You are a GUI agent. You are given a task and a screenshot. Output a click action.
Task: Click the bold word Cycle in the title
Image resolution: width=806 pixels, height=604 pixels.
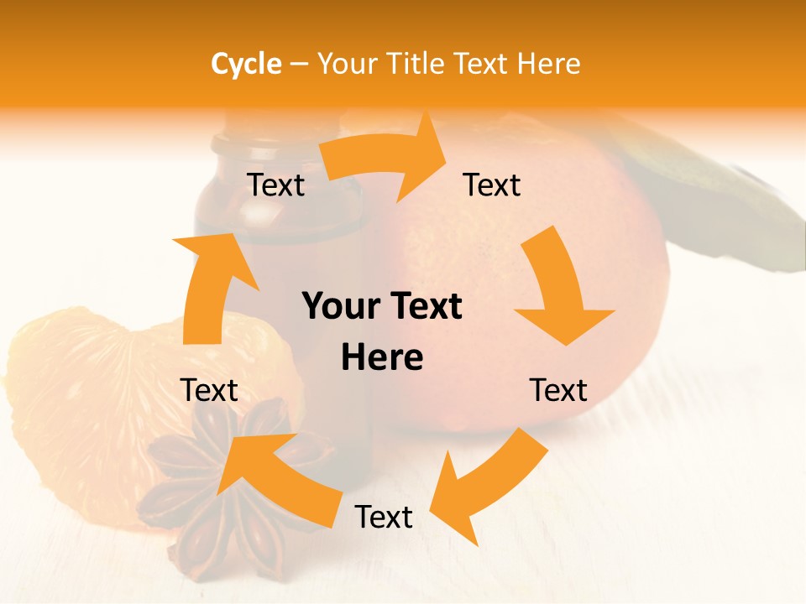coord(246,64)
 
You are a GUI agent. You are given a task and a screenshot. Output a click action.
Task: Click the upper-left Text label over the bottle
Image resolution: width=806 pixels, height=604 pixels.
coord(276,185)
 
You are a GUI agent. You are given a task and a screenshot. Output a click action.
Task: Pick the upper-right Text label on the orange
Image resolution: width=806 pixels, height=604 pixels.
coord(492,185)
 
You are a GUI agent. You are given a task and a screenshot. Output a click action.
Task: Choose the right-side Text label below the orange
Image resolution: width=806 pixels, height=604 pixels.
coord(558,390)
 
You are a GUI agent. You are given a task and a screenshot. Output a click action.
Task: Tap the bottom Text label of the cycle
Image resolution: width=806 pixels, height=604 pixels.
coord(384,517)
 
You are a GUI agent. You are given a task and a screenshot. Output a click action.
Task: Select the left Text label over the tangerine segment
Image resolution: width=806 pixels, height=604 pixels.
coord(209,390)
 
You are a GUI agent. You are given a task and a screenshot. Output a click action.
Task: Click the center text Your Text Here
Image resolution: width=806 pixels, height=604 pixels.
coord(382,332)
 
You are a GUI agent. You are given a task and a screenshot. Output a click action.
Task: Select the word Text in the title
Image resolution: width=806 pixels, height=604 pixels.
coord(483,64)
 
